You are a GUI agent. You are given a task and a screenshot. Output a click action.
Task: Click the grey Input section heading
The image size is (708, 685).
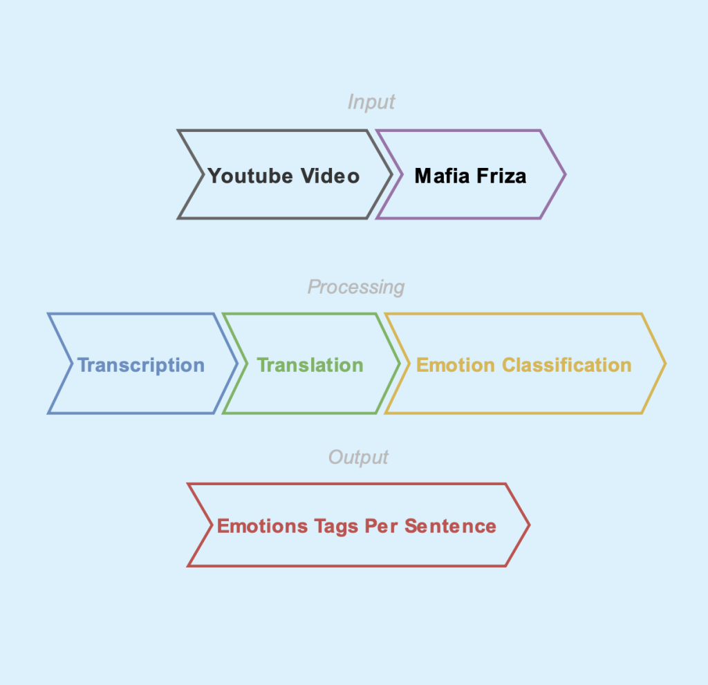coord(371,102)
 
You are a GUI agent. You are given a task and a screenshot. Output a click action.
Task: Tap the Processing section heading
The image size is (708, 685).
coord(356,287)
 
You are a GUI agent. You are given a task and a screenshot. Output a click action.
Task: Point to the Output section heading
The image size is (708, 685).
coord(358,458)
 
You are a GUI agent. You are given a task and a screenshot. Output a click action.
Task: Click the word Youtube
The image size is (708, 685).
coord(251,176)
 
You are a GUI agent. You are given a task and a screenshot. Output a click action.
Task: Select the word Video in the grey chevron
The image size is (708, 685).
coord(330,176)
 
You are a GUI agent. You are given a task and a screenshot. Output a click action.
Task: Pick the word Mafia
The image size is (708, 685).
coord(440,176)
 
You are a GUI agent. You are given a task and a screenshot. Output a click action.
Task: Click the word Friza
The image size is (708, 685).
coord(499,176)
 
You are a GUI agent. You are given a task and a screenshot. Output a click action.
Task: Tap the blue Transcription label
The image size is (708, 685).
coord(140,365)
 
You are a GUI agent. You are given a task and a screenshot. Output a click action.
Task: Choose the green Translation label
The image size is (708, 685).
coord(310,365)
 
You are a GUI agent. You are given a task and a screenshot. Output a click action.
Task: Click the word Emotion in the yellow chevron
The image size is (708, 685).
coord(456,365)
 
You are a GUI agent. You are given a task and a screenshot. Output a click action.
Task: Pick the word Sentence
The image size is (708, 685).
coord(450,526)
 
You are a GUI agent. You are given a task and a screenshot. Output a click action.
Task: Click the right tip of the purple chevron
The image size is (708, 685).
coord(565,175)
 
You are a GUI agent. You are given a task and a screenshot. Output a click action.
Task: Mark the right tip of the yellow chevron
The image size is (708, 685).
coord(664,364)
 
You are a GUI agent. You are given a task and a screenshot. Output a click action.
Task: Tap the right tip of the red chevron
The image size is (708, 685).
coord(529,525)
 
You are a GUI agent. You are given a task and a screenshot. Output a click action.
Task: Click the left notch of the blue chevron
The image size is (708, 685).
coord(72,364)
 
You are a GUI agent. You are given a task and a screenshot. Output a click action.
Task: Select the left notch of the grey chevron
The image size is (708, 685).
coord(202,175)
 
